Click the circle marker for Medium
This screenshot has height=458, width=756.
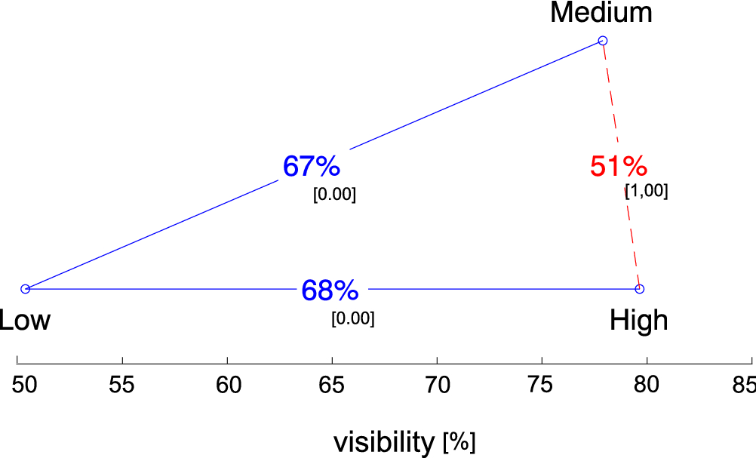click(602, 41)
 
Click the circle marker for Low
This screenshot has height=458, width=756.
click(25, 289)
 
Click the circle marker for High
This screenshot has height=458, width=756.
click(639, 289)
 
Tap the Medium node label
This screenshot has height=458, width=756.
click(601, 13)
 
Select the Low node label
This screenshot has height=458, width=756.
click(25, 321)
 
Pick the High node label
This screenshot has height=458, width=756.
click(639, 321)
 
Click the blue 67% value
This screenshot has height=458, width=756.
click(311, 167)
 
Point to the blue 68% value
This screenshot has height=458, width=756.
click(330, 290)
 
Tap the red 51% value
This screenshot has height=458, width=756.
click(619, 167)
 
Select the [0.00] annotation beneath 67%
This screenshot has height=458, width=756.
click(334, 195)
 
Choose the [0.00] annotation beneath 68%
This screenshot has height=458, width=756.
click(352, 318)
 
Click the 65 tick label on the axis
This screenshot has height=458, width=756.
click(332, 385)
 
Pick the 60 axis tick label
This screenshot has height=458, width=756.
click(227, 385)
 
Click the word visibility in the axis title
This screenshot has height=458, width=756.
click(384, 442)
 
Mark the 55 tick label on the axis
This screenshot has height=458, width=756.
click(122, 385)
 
